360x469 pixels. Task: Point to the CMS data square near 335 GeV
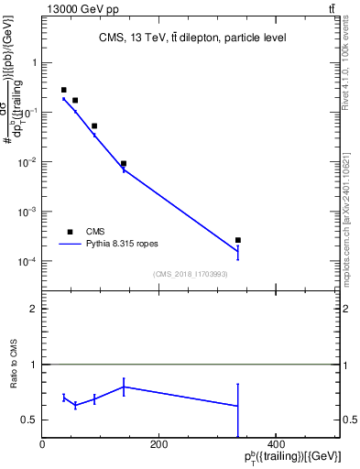coord(238,240)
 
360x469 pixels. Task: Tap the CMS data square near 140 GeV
coord(124,163)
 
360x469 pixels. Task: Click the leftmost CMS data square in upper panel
coord(63,90)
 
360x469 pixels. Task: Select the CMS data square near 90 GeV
coord(94,125)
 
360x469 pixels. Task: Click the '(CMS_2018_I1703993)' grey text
coord(191,274)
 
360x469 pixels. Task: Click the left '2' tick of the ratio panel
coord(34,309)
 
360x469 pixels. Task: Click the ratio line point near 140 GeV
coord(124,387)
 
